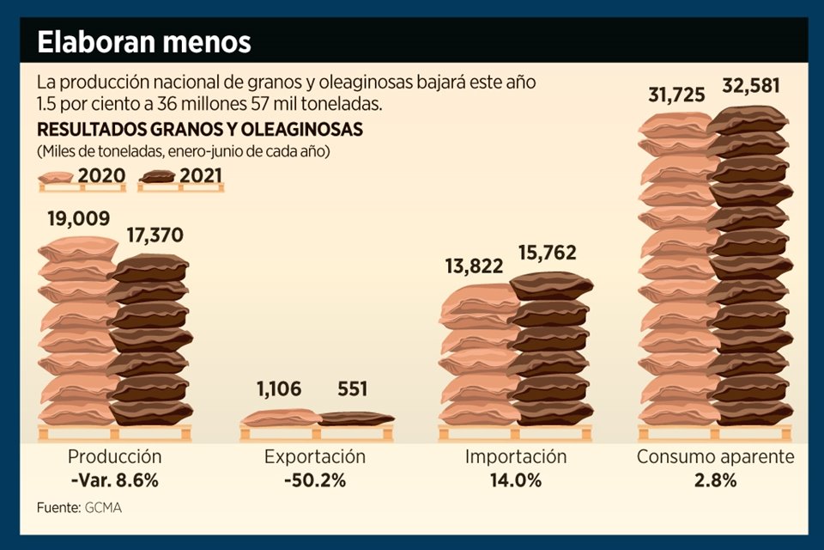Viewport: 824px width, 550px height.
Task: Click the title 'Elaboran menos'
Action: coord(144,41)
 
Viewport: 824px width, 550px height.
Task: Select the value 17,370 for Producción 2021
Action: coord(154,235)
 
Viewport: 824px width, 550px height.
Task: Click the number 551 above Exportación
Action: coord(353,389)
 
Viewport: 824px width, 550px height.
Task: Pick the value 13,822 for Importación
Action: coord(475,266)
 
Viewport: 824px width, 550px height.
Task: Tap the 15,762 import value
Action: coord(547,253)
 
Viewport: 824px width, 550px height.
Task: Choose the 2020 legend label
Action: coord(101,177)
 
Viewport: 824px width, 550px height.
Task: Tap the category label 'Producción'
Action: coord(114,457)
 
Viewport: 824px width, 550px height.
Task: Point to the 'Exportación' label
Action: coord(315,457)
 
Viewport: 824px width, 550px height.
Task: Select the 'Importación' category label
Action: coord(516,457)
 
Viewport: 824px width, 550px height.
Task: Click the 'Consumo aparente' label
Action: coord(715,457)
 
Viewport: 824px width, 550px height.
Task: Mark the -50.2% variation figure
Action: coord(315,481)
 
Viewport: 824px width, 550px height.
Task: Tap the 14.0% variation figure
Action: coord(516,481)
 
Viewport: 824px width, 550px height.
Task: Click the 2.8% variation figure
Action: coord(715,481)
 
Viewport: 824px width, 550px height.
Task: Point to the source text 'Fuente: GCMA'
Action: coord(79,508)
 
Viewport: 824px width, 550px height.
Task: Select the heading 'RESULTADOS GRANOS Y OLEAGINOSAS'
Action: coord(199,131)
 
